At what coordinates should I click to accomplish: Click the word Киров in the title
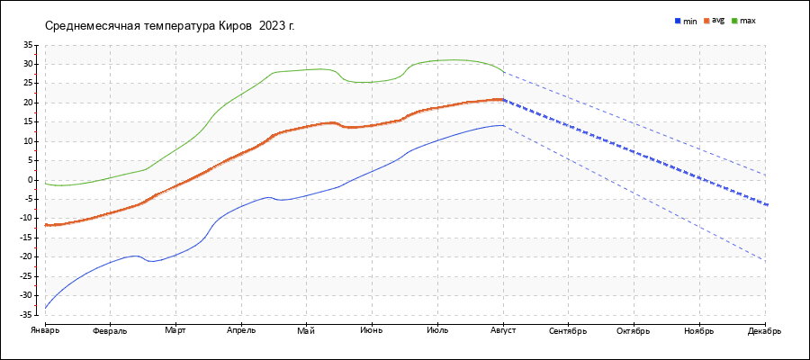coord(236,25)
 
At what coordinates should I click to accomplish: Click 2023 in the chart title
coord(270,25)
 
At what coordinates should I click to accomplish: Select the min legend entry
coord(687,21)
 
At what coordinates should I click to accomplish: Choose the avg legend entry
coord(715,20)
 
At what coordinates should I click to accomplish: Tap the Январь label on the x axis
coord(45,331)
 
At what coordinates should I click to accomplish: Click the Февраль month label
coord(110,331)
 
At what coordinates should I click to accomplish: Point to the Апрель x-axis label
coord(241,331)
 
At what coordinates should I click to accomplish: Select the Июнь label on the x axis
coord(372,331)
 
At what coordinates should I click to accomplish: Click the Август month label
coord(503,331)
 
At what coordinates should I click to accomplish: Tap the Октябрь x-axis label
coord(634,331)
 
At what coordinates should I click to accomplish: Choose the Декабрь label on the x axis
coord(765,331)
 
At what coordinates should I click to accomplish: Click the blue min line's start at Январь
coord(46,309)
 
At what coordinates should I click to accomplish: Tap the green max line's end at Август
coord(503,72)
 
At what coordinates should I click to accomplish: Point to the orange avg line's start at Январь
coord(46,224)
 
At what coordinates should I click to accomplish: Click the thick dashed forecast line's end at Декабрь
coord(766,205)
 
